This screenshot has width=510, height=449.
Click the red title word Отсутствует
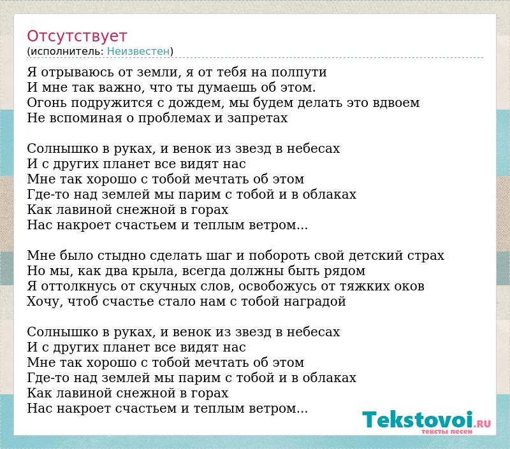pyautogui.click(x=76, y=36)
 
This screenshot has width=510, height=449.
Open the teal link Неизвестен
pyautogui.click(x=138, y=52)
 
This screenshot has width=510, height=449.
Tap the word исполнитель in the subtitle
pyautogui.click(x=68, y=52)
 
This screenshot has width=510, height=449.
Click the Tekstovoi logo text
pyautogui.click(x=418, y=420)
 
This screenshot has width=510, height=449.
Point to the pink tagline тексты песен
pyautogui.click(x=447, y=431)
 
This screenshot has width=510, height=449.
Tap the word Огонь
pyautogui.click(x=47, y=103)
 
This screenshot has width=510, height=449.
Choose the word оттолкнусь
pyautogui.click(x=78, y=287)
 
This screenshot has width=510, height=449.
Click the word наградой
pyautogui.click(x=315, y=302)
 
